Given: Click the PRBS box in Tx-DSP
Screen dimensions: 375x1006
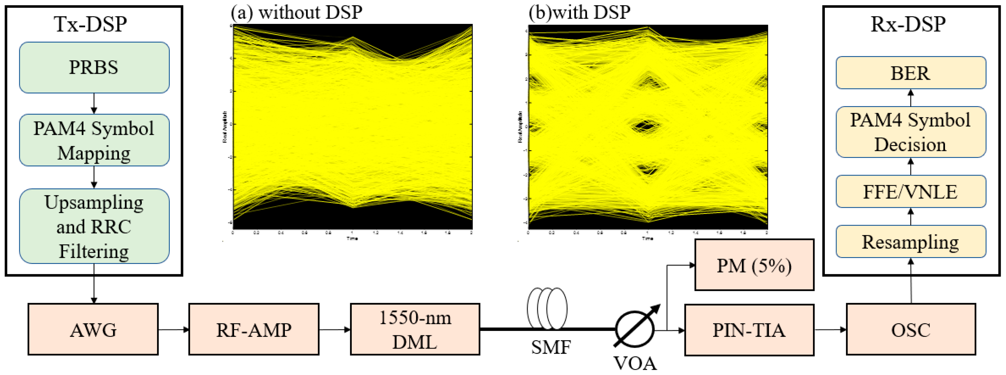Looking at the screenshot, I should [x=94, y=67].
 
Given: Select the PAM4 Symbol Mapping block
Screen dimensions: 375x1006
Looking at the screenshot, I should [x=94, y=140].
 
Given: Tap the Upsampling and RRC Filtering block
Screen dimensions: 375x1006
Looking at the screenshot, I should [x=94, y=226].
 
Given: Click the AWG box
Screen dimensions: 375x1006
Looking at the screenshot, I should [x=93, y=329].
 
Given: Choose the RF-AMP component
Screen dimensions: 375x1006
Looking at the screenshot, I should [x=254, y=329].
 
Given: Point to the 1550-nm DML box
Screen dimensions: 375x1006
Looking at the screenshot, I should [x=415, y=329].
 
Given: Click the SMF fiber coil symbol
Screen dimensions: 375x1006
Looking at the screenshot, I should [x=547, y=309].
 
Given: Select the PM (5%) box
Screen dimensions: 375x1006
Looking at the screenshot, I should [x=754, y=265].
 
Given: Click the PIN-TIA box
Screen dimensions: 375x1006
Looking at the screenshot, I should [x=749, y=330].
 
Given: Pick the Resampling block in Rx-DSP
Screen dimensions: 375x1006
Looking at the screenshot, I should [x=911, y=241].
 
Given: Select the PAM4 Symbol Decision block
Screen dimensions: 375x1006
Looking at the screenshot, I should [x=911, y=132].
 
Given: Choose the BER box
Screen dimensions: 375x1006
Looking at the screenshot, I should [x=911, y=73].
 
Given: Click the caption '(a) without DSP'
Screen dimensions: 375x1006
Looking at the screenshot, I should [x=297, y=12].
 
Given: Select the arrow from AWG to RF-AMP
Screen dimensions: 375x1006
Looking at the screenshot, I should [x=173, y=329].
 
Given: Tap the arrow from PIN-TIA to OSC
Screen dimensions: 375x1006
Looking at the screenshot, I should [x=830, y=329].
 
